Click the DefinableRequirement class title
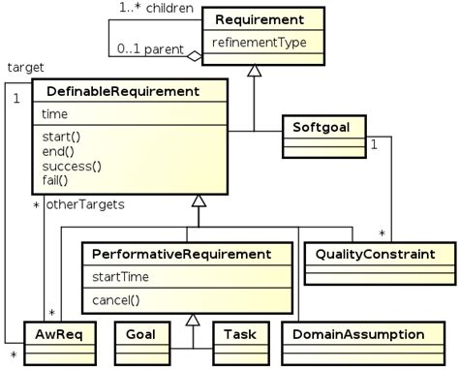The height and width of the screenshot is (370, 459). coord(116,91)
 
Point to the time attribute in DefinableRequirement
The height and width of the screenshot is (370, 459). coord(55,114)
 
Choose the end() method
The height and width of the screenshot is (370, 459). coord(58,152)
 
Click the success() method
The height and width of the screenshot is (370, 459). coord(71,167)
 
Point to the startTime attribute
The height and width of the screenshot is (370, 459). coord(121,277)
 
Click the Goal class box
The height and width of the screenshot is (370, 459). coord(140,334)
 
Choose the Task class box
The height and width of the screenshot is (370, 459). coord(238,334)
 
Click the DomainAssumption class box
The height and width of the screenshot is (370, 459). coord(359,334)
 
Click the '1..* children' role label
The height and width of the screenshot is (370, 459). coord(158,9)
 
